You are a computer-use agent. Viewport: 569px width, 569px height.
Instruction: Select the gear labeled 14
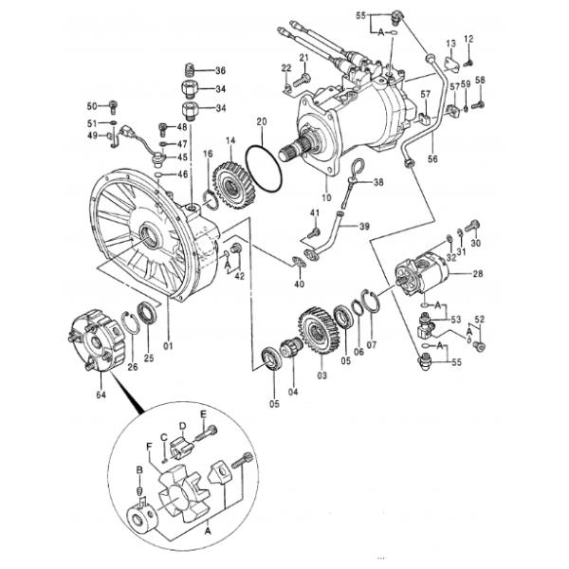(230, 186)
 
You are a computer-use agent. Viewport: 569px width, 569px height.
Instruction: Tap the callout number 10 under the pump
(326, 197)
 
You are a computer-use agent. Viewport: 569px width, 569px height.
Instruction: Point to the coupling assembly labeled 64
(98, 340)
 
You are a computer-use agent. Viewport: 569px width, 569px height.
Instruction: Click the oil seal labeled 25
(148, 312)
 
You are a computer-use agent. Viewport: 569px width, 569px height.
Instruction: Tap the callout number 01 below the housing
(168, 345)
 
